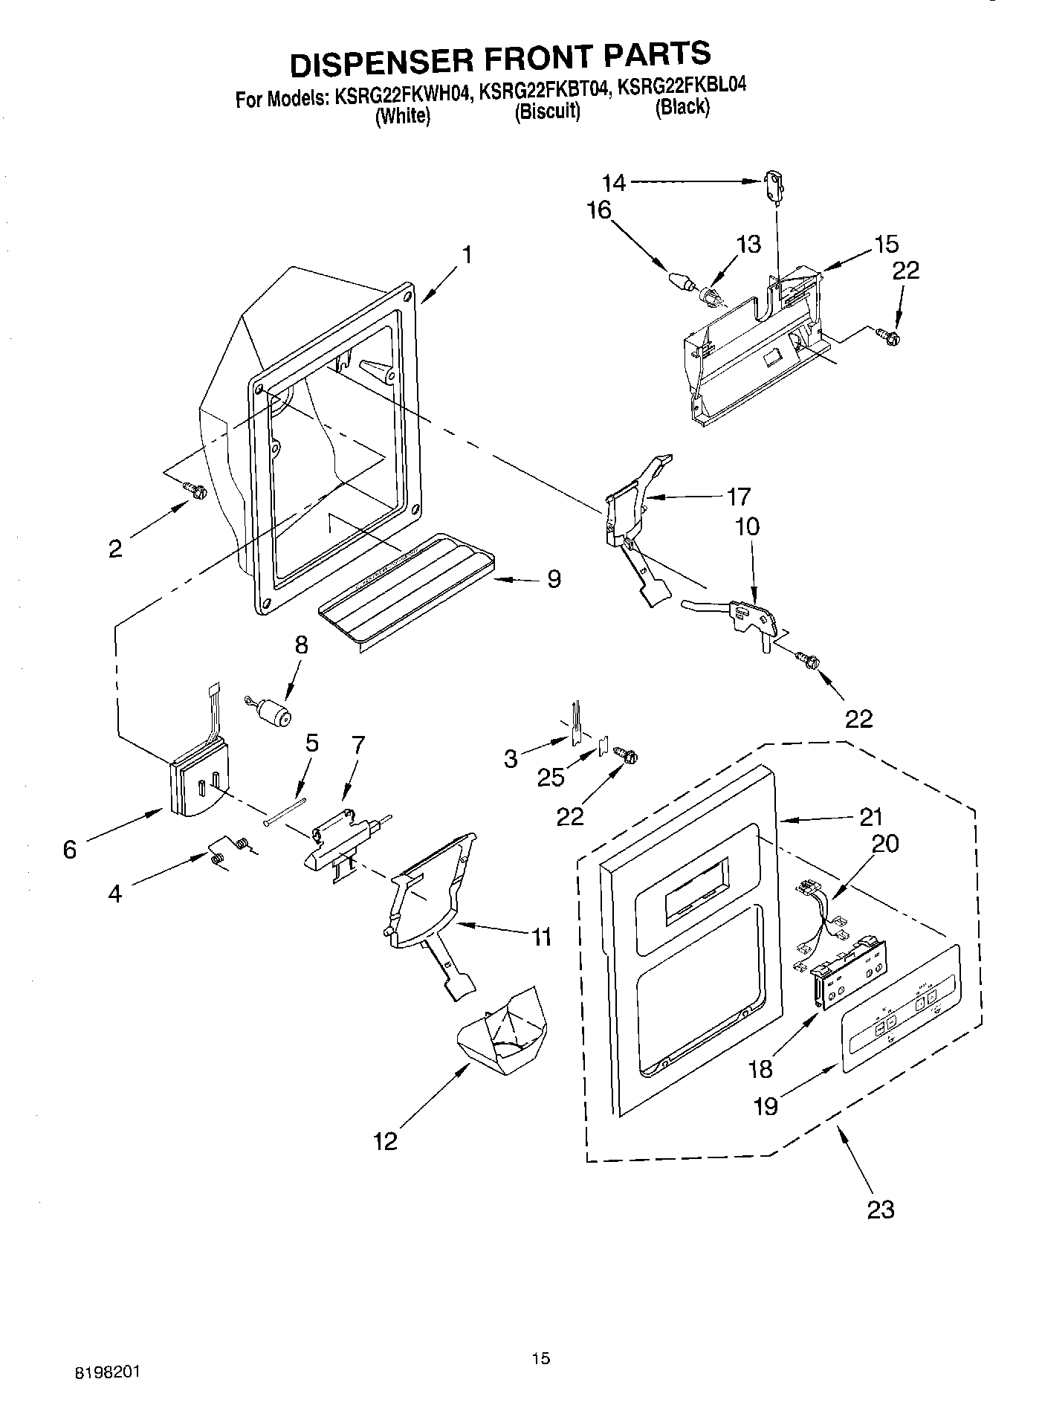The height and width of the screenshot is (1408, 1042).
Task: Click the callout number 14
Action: pos(614,182)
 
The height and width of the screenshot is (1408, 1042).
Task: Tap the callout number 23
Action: pos(880,1210)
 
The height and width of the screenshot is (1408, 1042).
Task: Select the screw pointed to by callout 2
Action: pos(195,490)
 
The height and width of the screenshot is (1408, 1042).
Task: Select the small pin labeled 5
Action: pos(285,811)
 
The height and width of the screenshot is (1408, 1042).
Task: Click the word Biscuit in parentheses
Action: pos(547,112)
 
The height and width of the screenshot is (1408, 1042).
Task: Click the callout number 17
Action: pos(739,496)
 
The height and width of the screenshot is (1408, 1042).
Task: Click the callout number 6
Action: pos(70,848)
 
